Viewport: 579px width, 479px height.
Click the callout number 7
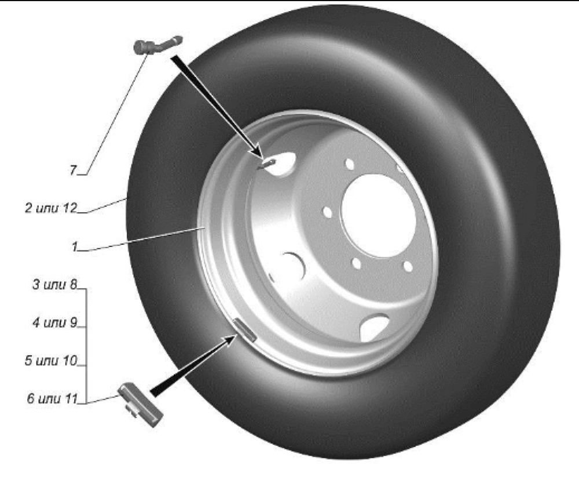pos(73,170)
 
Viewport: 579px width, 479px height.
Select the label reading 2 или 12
pos(51,208)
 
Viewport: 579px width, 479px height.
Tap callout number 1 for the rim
pos(75,246)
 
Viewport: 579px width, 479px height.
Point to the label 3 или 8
pos(54,285)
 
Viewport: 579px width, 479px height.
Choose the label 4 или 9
pos(54,322)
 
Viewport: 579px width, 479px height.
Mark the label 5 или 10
pos(51,360)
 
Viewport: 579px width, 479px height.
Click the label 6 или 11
pos(52,399)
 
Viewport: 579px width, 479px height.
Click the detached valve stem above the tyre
pos(157,45)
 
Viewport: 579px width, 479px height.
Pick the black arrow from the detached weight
pos(192,364)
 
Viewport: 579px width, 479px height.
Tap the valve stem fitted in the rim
pos(266,164)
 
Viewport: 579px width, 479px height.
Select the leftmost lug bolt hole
pos(328,212)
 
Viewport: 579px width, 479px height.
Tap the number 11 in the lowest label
pos(70,399)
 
